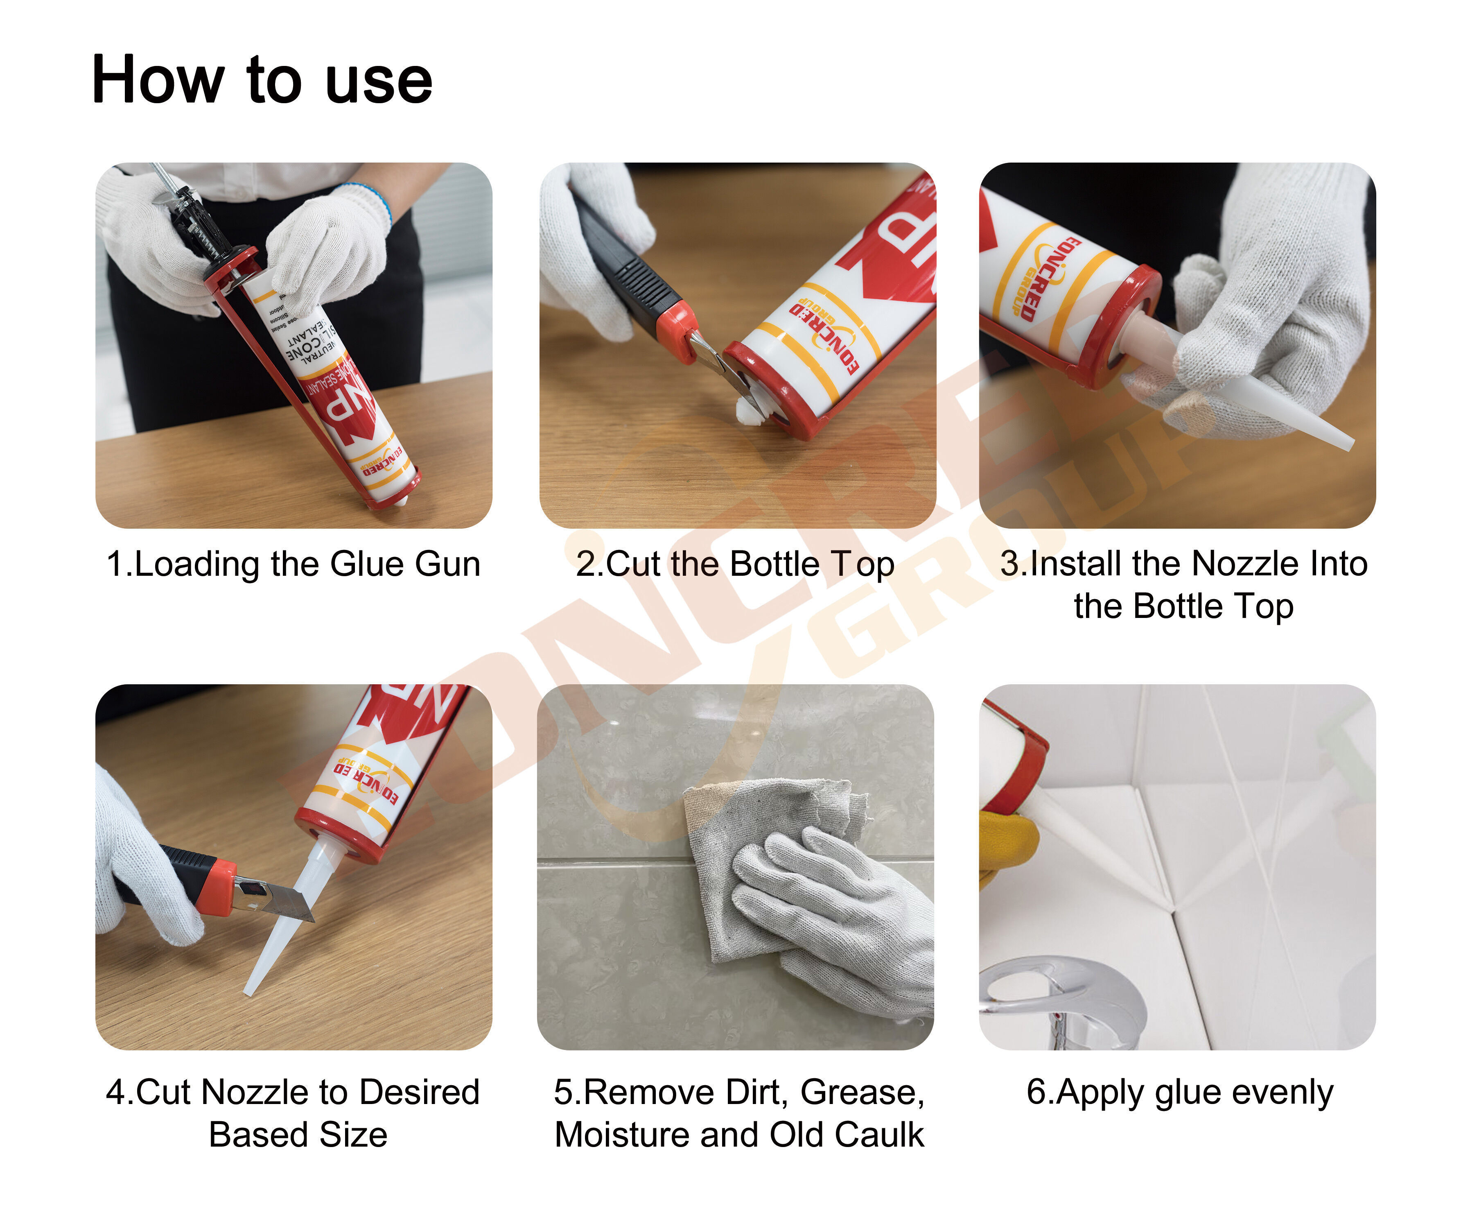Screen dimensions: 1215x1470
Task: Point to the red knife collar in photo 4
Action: pos(218,885)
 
